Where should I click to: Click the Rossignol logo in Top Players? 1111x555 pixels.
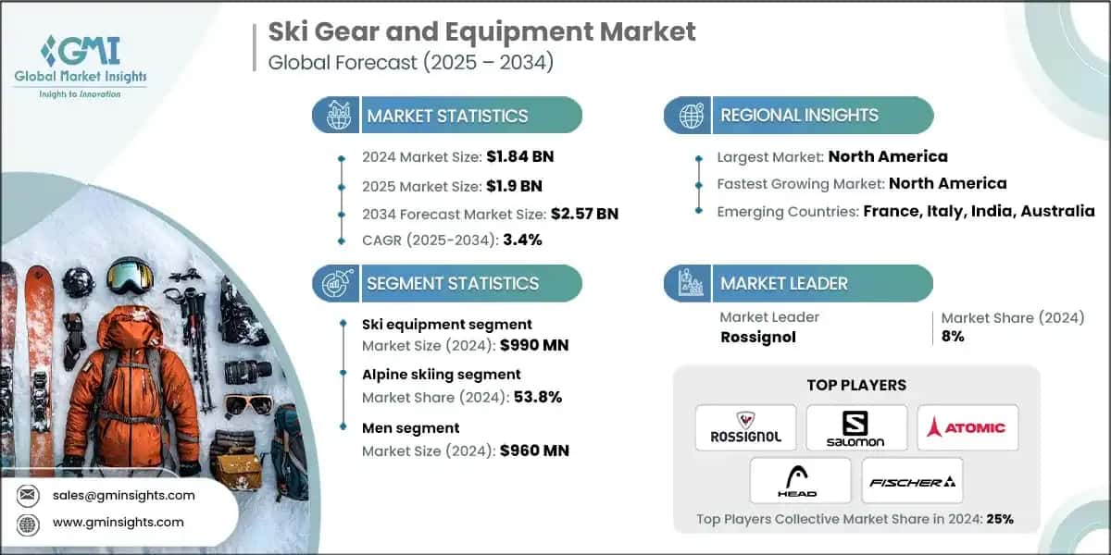[745, 427]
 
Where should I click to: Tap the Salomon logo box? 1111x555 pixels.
[856, 427]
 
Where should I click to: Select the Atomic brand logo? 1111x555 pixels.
[967, 427]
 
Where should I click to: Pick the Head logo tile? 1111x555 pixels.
[801, 481]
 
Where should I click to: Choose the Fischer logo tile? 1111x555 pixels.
[912, 481]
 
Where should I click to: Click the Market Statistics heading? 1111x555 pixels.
[447, 116]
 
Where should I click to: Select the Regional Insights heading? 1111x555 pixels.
[799, 116]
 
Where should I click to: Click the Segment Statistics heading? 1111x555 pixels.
[453, 283]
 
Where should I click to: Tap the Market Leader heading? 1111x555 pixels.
[784, 283]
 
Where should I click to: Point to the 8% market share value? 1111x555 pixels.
[953, 337]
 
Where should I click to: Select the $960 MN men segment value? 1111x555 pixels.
[533, 451]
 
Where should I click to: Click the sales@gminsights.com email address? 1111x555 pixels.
[124, 495]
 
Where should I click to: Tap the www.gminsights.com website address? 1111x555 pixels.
[119, 522]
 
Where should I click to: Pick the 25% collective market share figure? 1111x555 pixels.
[999, 519]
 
